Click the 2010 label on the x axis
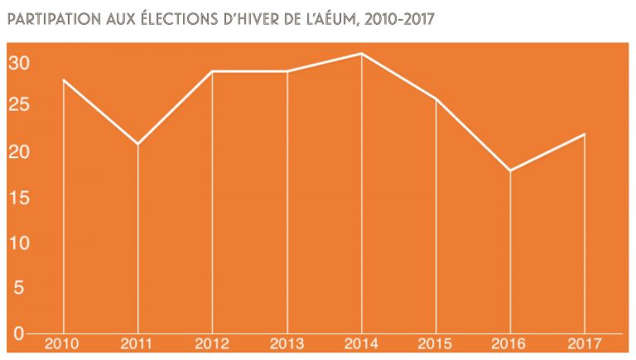(63, 343)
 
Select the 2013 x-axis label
(287, 343)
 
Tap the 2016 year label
(510, 343)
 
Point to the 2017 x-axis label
(585, 343)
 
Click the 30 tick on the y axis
(20, 63)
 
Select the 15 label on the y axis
(20, 199)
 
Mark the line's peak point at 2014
(362, 54)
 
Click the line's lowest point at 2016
(510, 170)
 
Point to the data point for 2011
(137, 145)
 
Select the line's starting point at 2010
(63, 80)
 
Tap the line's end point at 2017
(585, 134)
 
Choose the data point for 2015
(436, 99)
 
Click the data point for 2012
(213, 72)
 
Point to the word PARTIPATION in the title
(50, 18)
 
